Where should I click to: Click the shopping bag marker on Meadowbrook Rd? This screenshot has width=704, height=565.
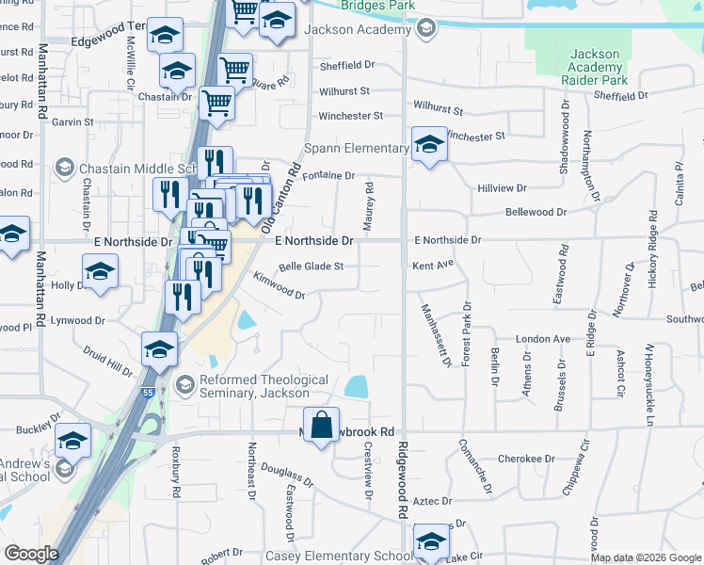(322, 424)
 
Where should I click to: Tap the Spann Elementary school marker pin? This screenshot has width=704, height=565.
(429, 145)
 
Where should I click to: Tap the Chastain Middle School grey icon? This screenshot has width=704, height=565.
(65, 169)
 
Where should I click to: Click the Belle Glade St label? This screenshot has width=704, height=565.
(311, 266)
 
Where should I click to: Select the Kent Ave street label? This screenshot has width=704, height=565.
(433, 266)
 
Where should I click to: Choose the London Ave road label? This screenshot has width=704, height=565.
(543, 339)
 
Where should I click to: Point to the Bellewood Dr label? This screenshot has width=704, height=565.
(536, 213)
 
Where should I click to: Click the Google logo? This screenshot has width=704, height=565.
(31, 554)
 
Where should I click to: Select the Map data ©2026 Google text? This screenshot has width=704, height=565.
(646, 557)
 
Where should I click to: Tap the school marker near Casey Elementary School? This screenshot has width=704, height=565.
(431, 543)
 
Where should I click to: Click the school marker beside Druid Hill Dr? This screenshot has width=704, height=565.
(160, 348)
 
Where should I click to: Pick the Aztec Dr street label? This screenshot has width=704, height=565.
(434, 502)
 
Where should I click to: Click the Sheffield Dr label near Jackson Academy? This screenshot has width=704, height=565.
(346, 66)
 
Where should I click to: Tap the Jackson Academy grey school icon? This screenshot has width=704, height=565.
(426, 29)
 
